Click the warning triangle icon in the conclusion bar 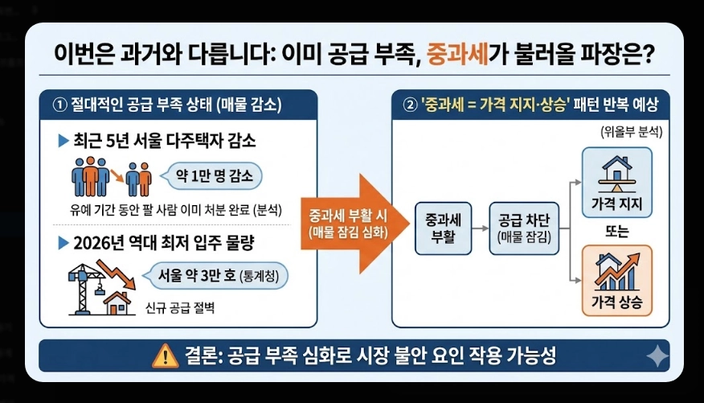(166, 355)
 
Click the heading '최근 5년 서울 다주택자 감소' (165, 142)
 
